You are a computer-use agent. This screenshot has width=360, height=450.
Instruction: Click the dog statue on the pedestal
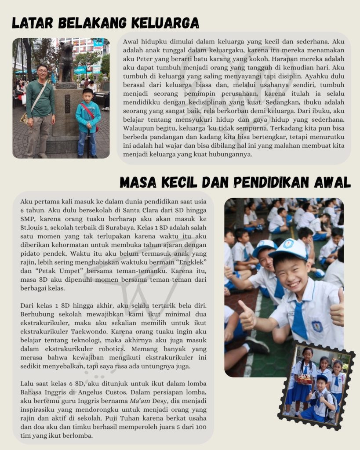click(66, 62)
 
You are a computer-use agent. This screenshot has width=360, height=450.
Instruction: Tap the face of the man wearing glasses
click(43, 71)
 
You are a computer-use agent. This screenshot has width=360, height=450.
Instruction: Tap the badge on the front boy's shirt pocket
click(317, 326)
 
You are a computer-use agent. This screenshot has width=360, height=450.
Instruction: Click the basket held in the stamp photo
click(303, 379)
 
